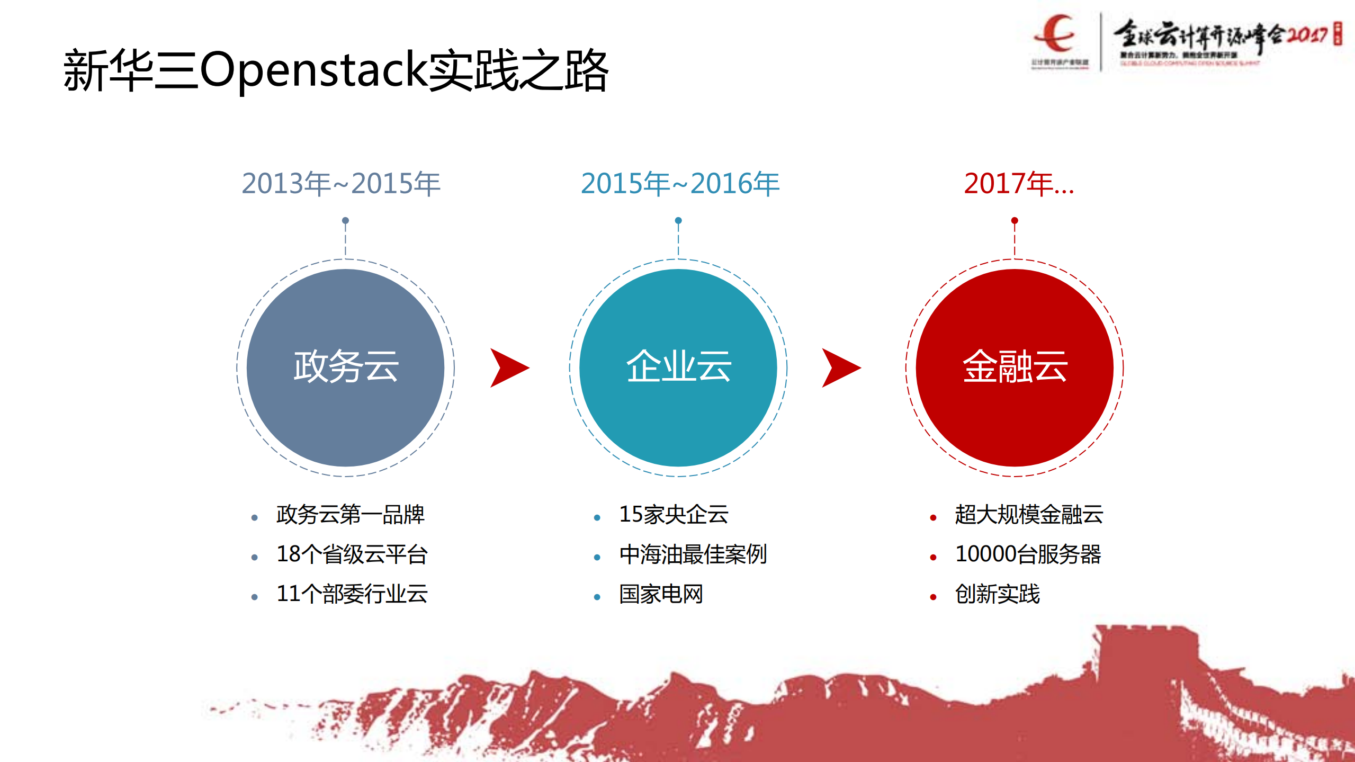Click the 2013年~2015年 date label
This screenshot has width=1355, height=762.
pos(341,184)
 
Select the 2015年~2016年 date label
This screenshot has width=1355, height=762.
pos(680,184)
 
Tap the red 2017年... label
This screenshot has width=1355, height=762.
pos(1018,184)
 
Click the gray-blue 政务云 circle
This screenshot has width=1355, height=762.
pos(345,368)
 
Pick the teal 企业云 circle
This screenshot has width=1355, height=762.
pos(678,368)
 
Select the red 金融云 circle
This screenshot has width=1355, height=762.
pos(1015,368)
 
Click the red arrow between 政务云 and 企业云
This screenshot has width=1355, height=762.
pos(508,368)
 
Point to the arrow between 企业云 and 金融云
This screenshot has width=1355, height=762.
pos(840,368)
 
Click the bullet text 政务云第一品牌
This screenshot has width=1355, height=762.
pos(350,515)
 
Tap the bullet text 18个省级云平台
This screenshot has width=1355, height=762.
pos(352,554)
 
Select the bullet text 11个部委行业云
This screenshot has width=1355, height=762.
pos(352,594)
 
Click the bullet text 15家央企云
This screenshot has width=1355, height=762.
pos(674,515)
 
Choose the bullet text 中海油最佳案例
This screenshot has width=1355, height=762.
pos(693,554)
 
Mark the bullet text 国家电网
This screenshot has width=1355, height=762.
pos(661,594)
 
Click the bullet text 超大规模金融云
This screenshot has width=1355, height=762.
pos(1028,515)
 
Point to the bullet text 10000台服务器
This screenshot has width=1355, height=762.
pos(1028,554)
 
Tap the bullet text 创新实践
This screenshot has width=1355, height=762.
pos(997,594)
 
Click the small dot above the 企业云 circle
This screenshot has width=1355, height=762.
pos(678,220)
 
